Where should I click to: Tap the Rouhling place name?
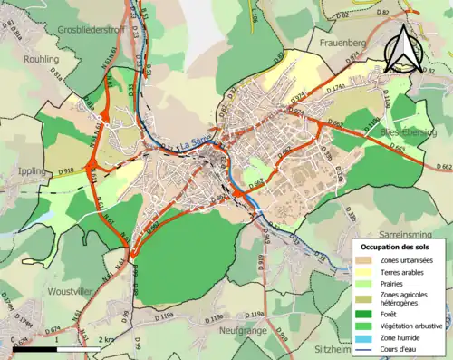point(31,59)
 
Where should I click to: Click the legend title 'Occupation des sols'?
point(399,246)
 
